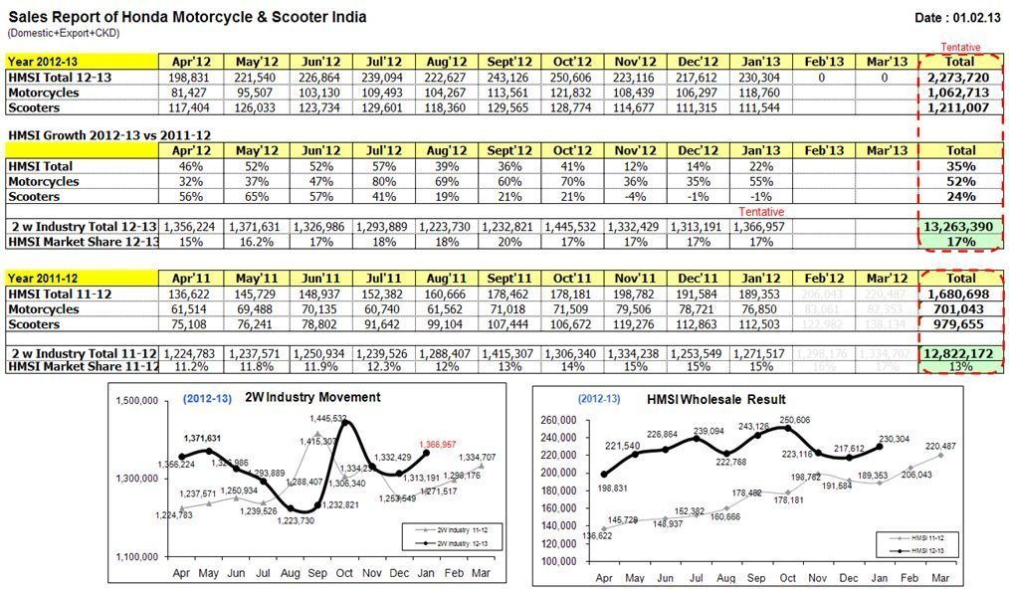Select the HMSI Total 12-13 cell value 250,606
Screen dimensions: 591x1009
click(x=574, y=77)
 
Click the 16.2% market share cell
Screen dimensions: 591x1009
click(x=258, y=242)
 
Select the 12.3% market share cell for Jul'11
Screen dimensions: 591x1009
click(x=383, y=368)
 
